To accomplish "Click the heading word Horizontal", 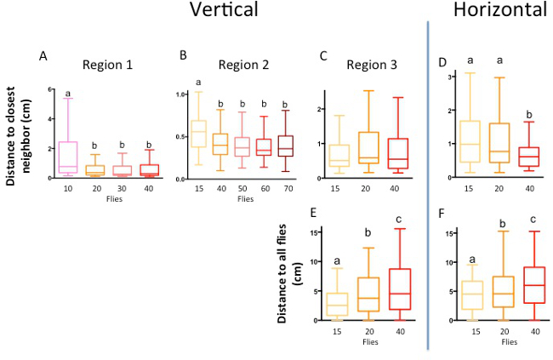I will point(499,11).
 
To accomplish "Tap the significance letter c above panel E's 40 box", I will point(399,220).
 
